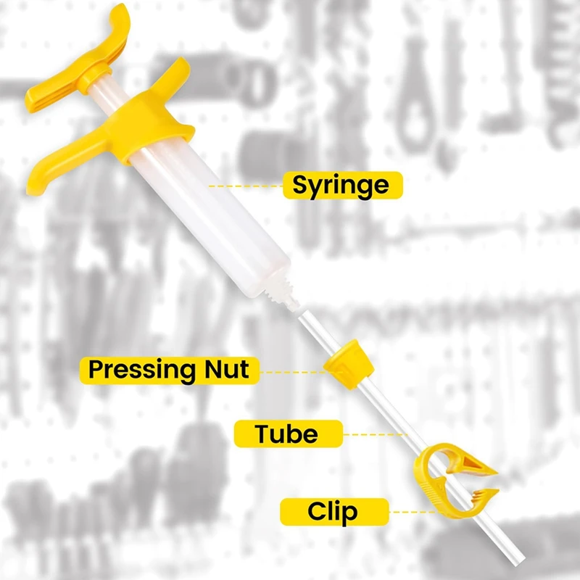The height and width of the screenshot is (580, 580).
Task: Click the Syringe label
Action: tap(341, 186)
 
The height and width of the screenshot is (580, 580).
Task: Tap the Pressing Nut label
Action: tap(168, 370)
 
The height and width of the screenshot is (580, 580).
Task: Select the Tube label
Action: tap(287, 434)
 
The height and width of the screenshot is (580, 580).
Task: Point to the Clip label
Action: tap(331, 511)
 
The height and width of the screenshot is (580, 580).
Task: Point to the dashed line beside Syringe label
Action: tap(246, 186)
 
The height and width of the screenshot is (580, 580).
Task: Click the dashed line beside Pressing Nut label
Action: tap(290, 371)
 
